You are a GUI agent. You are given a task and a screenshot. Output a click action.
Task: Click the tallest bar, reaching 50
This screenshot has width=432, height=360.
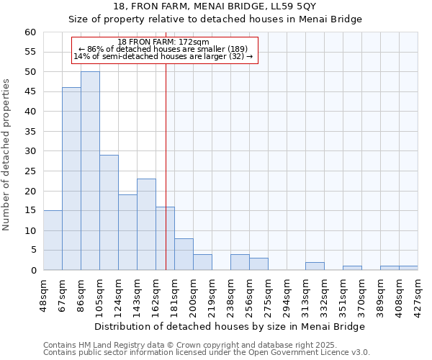click(90, 171)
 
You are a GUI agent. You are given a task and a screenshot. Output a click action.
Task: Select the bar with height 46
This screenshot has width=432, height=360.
click(71, 179)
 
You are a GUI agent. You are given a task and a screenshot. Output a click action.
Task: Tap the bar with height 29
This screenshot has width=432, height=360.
click(109, 212)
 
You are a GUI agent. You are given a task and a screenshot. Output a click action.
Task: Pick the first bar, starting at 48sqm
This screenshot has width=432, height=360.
click(53, 240)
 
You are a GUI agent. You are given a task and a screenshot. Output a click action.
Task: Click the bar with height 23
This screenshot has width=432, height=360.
click(146, 224)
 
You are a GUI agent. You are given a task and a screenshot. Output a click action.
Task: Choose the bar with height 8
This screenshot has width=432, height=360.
click(184, 254)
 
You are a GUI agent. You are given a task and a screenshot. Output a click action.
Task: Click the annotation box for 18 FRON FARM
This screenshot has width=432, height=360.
click(164, 50)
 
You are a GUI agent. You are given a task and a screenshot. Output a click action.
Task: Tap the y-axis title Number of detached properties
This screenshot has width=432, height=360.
click(7, 155)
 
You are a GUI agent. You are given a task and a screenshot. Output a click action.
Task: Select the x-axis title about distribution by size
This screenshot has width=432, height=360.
click(230, 326)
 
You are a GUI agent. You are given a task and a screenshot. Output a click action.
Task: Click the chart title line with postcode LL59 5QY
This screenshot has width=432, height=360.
click(215, 6)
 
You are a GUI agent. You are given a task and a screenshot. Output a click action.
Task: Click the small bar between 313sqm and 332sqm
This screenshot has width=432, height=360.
click(315, 266)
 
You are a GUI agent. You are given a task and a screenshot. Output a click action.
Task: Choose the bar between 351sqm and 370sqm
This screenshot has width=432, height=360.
click(352, 268)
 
